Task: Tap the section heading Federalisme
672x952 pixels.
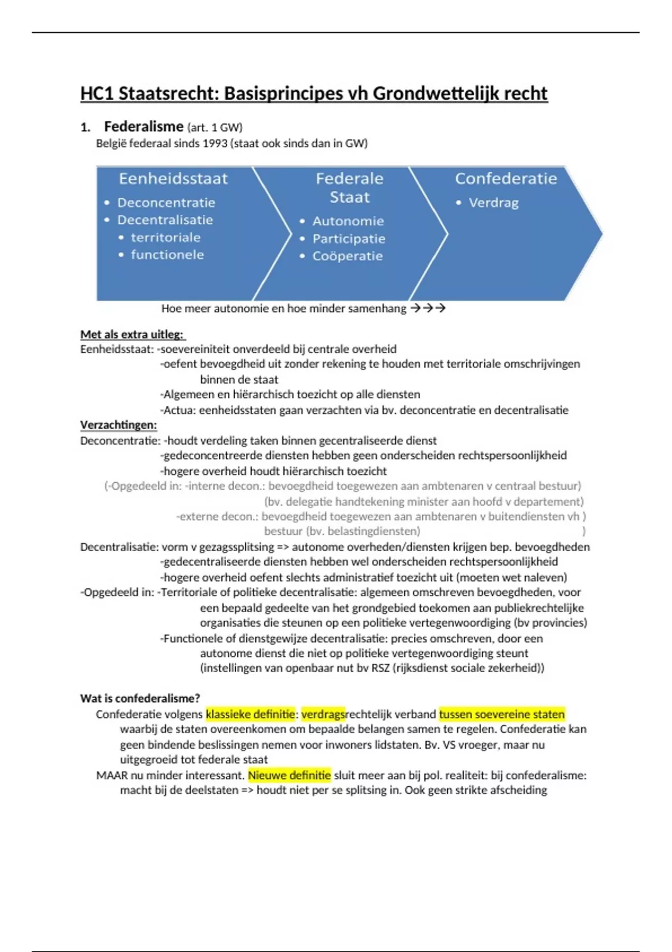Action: coord(143,127)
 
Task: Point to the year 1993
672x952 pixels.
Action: coord(215,143)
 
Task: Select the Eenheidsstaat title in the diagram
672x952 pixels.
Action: coord(173,179)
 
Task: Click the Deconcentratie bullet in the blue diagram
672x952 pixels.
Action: coord(166,203)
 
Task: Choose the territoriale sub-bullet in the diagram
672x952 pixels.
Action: coord(165,237)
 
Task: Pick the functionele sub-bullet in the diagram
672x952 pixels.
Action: coord(167,255)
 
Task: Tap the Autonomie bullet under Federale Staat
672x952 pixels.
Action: coord(348,221)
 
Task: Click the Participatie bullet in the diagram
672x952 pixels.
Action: coord(348,239)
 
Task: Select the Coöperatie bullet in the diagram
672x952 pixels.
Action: coord(347,256)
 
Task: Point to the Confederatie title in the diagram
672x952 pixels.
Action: coord(506,179)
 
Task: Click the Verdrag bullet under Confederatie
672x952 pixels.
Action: coord(493,203)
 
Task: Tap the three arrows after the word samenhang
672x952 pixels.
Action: coord(428,308)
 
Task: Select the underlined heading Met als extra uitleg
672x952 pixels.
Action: coord(132,334)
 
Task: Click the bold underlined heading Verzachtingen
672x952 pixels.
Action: coord(119,425)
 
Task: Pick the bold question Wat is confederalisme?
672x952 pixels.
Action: coord(140,698)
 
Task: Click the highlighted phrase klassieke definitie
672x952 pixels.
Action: coord(250,714)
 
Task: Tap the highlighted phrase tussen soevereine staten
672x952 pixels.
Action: coord(502,714)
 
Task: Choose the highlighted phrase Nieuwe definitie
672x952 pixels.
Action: coord(290,776)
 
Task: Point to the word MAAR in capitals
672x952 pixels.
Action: coord(112,776)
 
